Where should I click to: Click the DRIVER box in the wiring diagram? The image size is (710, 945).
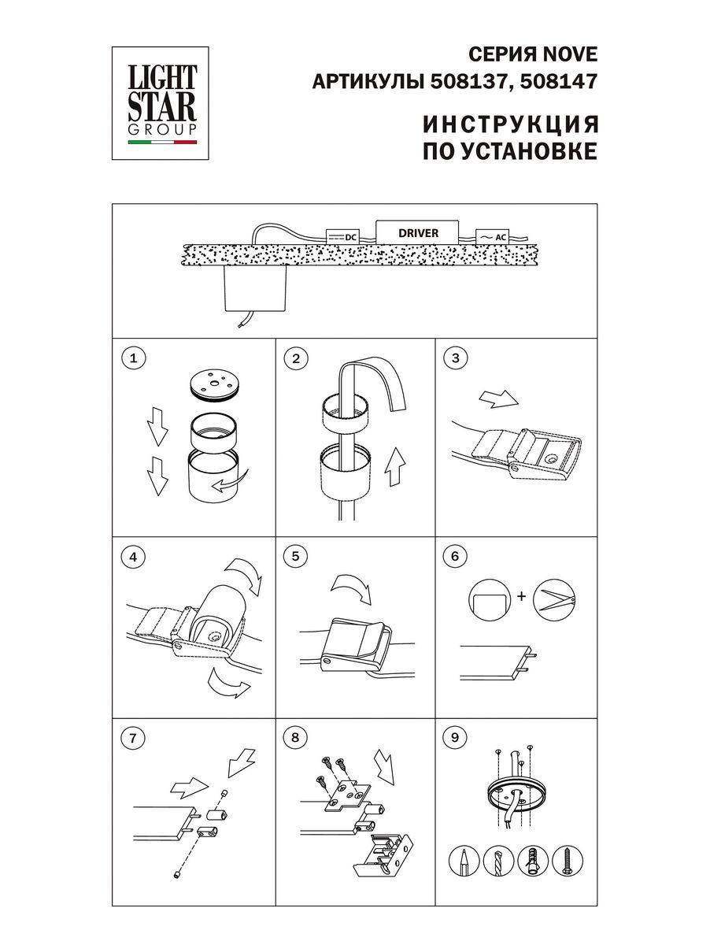click(417, 232)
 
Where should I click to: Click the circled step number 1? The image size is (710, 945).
click(135, 359)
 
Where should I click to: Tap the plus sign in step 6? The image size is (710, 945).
click(520, 597)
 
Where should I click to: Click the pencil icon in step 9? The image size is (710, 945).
click(465, 864)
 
